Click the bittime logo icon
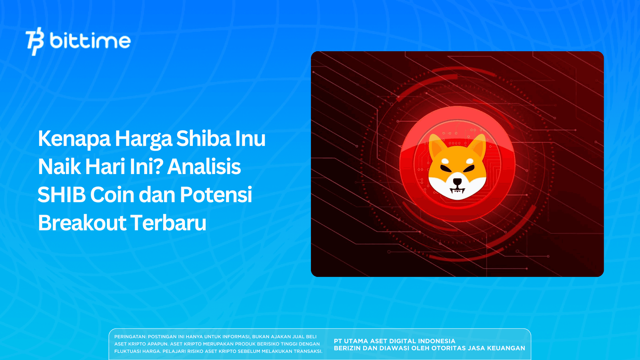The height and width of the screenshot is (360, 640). (35, 41)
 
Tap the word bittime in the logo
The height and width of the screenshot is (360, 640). (90, 41)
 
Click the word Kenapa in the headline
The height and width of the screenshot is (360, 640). (74, 138)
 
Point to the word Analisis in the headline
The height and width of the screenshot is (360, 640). (204, 167)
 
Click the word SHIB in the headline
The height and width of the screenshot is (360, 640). (62, 195)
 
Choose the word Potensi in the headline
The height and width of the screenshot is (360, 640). (216, 195)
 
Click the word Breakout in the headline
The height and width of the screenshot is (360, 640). (82, 223)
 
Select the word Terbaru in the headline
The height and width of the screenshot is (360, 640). (168, 223)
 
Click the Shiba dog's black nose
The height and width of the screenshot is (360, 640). (457, 182)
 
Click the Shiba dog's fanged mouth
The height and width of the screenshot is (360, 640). (457, 190)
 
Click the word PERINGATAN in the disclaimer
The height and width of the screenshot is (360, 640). (130, 337)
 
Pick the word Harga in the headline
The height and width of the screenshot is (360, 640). (143, 138)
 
